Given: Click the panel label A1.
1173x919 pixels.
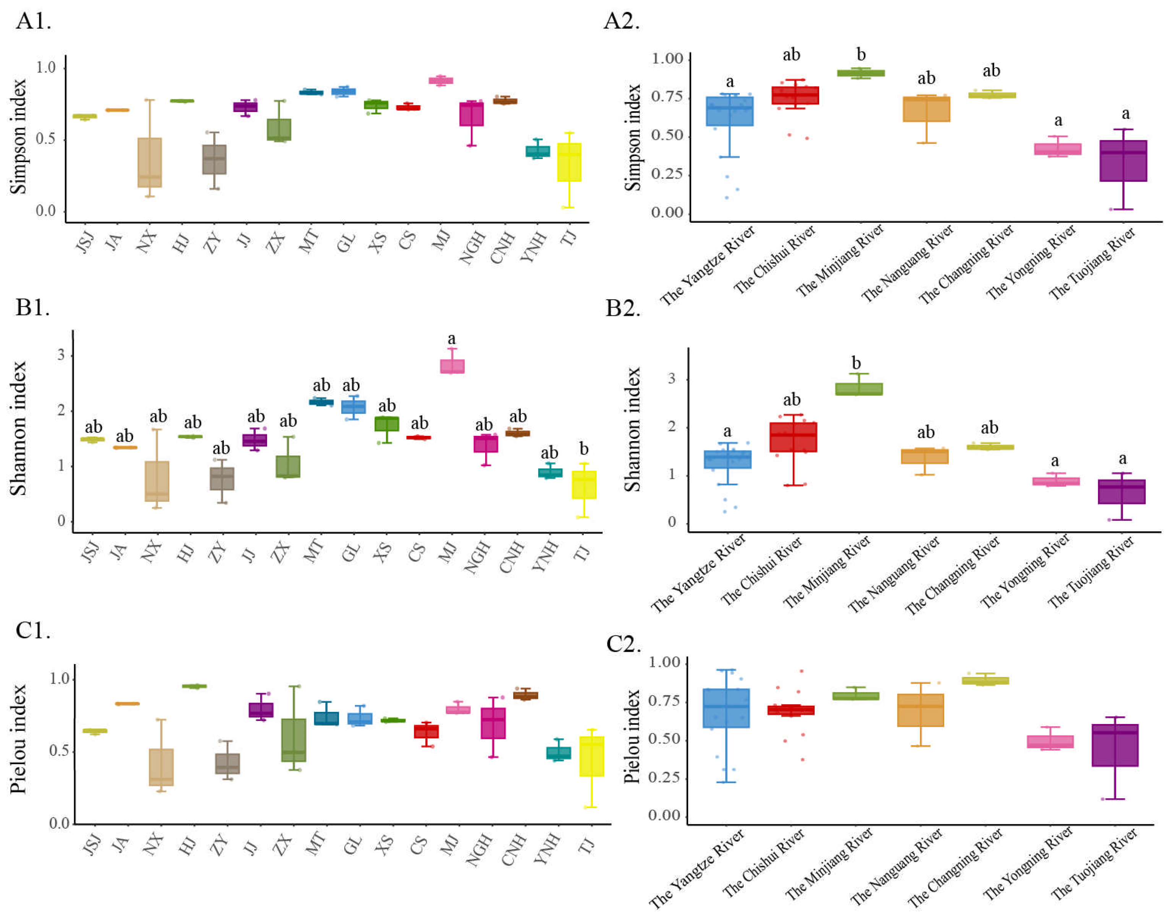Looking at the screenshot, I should (x=33, y=21).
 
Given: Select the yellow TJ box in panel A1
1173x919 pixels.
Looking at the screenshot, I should (x=569, y=162).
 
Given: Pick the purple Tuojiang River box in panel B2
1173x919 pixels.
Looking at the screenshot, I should (x=1121, y=491).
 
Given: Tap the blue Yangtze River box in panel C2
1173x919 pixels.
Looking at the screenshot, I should (x=726, y=708).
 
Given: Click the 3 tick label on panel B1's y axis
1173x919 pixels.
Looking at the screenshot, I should (x=61, y=355).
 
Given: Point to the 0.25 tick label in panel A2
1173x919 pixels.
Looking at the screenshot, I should (x=667, y=174).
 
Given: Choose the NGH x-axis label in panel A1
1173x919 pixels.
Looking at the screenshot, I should (x=472, y=248).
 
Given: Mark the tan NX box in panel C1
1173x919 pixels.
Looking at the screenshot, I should (x=161, y=767).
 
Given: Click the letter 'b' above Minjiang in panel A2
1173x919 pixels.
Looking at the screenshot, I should (x=861, y=54).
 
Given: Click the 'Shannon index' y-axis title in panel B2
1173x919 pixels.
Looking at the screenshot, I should (x=632, y=429).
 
